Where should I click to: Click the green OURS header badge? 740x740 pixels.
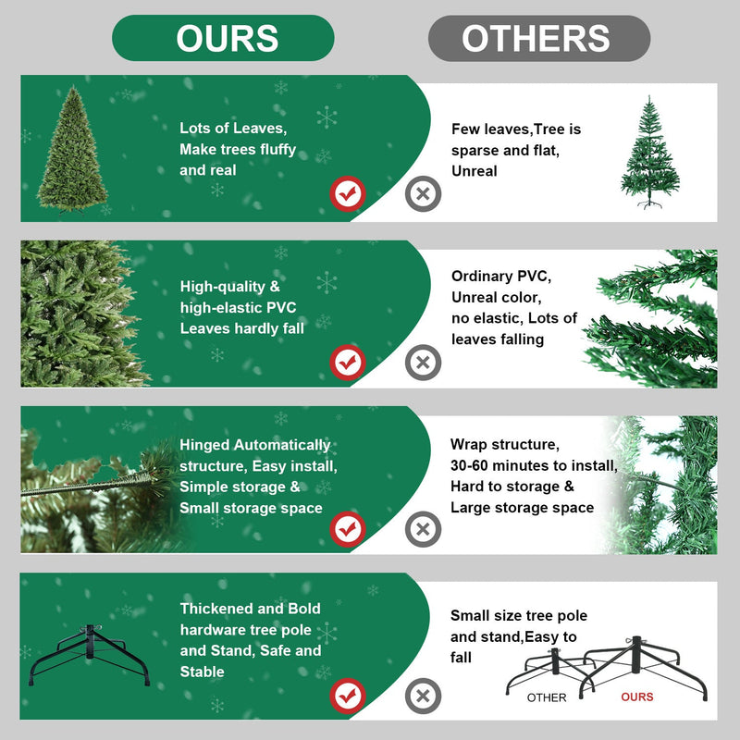click(x=223, y=38)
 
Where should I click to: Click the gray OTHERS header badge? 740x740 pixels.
click(x=538, y=38)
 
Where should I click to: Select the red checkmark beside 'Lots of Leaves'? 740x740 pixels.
click(x=348, y=194)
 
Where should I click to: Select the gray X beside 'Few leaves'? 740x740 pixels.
click(x=423, y=194)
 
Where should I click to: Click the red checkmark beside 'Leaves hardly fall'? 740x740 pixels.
click(x=348, y=362)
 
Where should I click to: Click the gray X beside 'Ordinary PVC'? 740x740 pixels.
click(x=423, y=362)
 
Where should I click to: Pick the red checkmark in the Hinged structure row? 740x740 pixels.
click(x=348, y=529)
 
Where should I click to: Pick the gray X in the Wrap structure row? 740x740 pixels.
click(x=423, y=529)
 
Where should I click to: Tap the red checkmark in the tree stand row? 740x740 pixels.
click(x=348, y=694)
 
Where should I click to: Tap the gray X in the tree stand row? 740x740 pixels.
click(x=423, y=694)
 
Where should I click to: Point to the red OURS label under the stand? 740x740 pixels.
click(x=637, y=697)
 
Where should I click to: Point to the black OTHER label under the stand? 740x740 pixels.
click(x=547, y=697)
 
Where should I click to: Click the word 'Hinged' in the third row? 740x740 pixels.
click(x=204, y=445)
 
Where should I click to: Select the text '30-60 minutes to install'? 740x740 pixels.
click(x=533, y=465)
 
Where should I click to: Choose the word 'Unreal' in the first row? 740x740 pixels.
click(x=475, y=170)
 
